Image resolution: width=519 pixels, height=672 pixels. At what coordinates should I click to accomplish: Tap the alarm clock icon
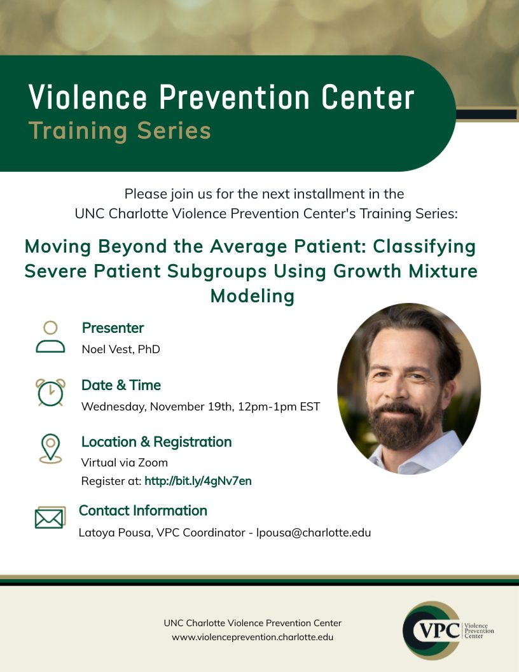(50, 392)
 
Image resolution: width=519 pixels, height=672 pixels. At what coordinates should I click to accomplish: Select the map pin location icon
(50, 448)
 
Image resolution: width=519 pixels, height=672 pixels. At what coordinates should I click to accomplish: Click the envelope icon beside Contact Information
(50, 518)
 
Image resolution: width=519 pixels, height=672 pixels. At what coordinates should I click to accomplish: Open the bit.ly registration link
(198, 481)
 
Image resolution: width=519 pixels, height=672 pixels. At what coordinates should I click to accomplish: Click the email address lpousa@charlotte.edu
(314, 533)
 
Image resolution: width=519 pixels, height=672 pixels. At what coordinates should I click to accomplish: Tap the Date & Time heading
(121, 385)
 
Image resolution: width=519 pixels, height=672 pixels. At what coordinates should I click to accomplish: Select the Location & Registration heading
(156, 442)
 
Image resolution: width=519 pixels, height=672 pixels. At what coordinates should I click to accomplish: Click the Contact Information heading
(143, 510)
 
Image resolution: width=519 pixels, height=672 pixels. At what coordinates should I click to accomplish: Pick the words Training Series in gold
(120, 130)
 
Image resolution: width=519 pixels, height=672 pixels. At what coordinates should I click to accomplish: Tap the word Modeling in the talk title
(253, 296)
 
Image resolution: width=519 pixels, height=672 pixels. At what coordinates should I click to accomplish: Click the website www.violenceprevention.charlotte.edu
(253, 637)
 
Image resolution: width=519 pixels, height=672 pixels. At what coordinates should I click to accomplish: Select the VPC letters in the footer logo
(438, 631)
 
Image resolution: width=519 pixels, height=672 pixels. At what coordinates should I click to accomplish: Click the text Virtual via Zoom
(124, 463)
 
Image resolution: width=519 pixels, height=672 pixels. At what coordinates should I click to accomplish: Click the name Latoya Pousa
(114, 533)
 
